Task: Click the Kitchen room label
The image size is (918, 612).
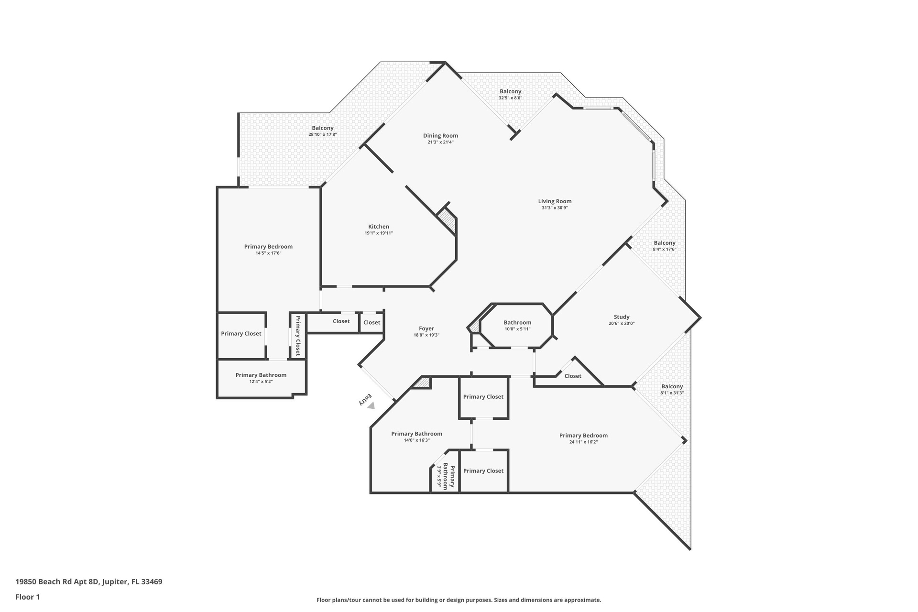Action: [x=379, y=227]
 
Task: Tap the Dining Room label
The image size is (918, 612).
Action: [x=440, y=136]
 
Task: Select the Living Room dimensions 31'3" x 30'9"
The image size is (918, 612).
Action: [x=555, y=208]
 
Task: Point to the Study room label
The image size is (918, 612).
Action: [x=622, y=317]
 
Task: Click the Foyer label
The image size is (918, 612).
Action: [x=426, y=329]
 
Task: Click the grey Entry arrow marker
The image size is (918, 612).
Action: [x=371, y=405]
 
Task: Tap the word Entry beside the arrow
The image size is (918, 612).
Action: [x=365, y=399]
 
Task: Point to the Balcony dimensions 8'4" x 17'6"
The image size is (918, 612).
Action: [x=665, y=250]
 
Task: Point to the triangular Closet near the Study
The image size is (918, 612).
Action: [x=573, y=376]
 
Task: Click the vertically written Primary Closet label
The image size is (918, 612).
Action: [x=297, y=336]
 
